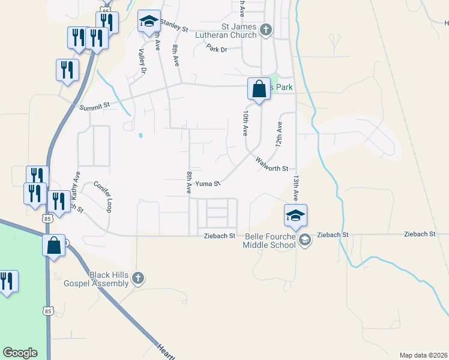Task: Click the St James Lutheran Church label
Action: tap(239, 31)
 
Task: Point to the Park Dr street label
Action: tap(217, 48)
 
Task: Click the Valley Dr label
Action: tap(143, 61)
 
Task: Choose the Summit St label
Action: tap(95, 107)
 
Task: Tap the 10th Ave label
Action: tap(246, 123)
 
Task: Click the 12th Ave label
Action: tap(279, 135)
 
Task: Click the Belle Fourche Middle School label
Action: tap(271, 241)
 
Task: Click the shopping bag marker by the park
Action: tap(259, 90)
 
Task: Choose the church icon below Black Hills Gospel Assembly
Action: tap(137, 278)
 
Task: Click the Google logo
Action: tap(20, 353)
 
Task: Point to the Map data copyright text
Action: tap(423, 355)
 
